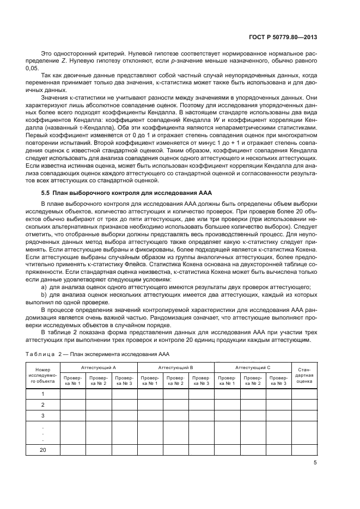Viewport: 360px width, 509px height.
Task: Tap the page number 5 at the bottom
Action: (x=315, y=463)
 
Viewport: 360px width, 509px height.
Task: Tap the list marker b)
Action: (x=45, y=295)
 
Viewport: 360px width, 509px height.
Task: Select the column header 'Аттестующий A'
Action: (x=98, y=367)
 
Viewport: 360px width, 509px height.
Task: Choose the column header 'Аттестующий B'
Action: (x=175, y=367)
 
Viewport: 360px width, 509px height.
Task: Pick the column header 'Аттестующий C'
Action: (x=253, y=367)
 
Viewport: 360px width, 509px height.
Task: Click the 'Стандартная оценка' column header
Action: (x=304, y=376)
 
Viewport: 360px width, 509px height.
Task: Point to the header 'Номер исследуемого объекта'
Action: (x=42, y=376)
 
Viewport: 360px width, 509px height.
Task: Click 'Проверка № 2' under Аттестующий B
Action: (x=175, y=381)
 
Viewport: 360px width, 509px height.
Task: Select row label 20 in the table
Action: (x=42, y=450)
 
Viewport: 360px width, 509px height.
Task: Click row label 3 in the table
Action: (x=42, y=415)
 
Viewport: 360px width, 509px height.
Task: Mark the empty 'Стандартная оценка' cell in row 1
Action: (x=304, y=394)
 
